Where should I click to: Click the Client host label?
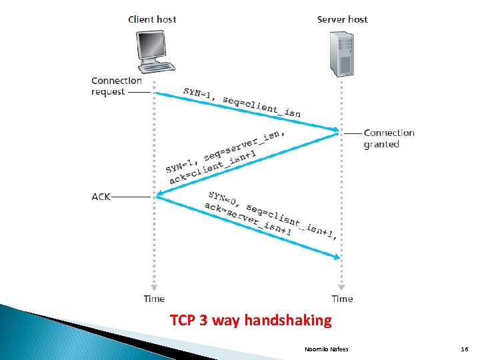[153, 19]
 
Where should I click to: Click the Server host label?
[342, 19]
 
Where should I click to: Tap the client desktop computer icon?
[154, 51]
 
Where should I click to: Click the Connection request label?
[117, 86]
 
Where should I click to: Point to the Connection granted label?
[389, 139]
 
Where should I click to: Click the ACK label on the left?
[101, 197]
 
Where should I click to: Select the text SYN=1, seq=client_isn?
[242, 102]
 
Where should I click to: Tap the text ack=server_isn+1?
[247, 219]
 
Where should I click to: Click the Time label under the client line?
[154, 299]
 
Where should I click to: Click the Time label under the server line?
[342, 299]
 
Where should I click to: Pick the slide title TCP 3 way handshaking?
[251, 321]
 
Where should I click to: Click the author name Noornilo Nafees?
[326, 349]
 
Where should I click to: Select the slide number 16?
[464, 349]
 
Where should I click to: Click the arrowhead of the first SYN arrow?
[337, 129]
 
